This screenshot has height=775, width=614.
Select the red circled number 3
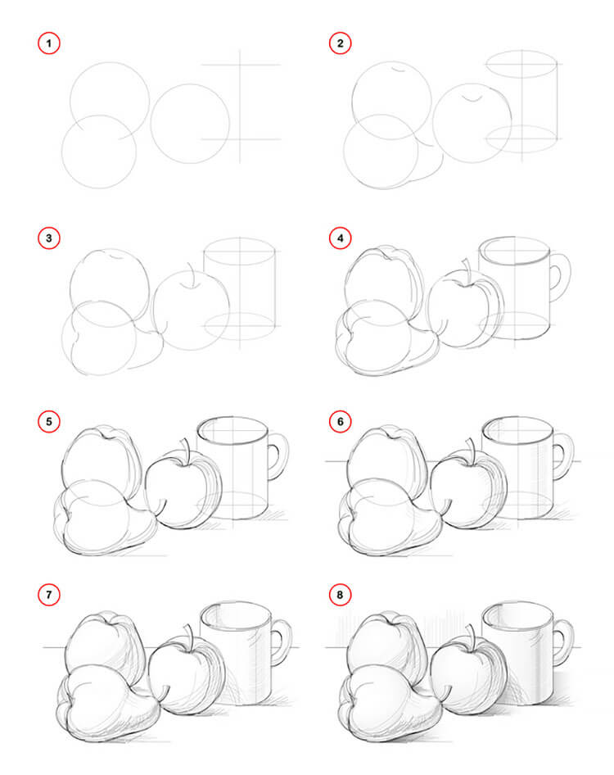pos(49,238)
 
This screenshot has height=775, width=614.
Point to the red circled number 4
pos(337,238)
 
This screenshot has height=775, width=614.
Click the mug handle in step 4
pos(561,274)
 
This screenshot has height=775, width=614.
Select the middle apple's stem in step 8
pos(471,636)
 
